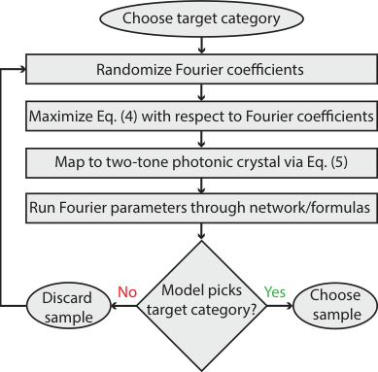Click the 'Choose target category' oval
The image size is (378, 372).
click(199, 17)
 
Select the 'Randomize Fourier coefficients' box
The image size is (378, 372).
click(199, 69)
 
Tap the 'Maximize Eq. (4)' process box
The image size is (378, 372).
click(199, 118)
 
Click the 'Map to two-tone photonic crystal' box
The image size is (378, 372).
click(199, 161)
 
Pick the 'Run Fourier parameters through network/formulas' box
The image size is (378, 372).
click(199, 206)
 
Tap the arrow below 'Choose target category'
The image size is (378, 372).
click(199, 44)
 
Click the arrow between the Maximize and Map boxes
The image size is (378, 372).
click(199, 139)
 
